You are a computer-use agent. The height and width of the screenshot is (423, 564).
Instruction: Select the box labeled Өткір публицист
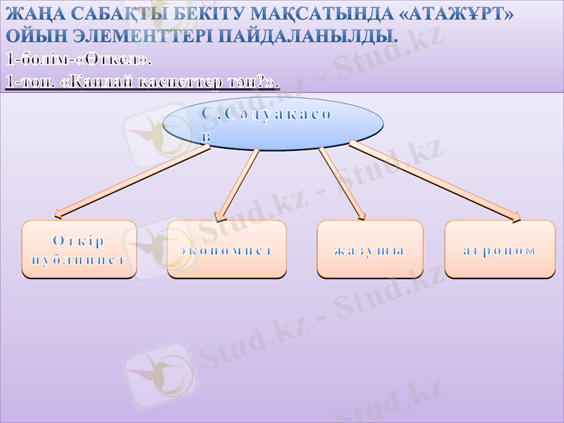pos(79,249)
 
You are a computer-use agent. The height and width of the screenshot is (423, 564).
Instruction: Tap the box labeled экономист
pos(227,249)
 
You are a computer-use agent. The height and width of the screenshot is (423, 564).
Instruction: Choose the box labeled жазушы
pos(369,249)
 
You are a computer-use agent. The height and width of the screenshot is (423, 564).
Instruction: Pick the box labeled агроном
pos(499,249)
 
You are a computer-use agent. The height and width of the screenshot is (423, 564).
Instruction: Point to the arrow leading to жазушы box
pos(343,183)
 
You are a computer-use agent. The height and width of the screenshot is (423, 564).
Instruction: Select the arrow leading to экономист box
pos(237,184)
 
